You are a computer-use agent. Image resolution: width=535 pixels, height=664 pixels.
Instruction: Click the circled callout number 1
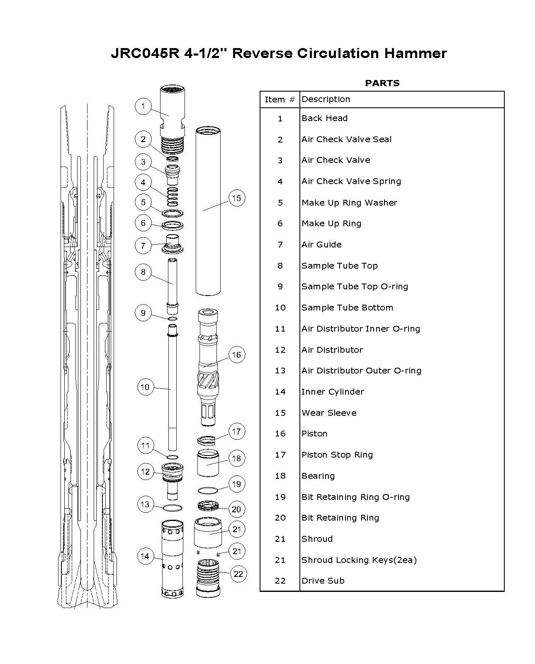143,107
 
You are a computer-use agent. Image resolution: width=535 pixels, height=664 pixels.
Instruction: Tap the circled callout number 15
236,198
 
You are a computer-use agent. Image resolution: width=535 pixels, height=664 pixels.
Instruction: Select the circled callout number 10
145,387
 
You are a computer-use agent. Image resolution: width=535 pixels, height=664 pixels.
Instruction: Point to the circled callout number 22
238,574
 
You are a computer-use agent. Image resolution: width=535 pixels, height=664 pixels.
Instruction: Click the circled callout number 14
145,556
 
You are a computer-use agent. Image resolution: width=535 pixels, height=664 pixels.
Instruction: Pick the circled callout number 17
236,431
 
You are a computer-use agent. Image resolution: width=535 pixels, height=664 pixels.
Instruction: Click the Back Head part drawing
173,114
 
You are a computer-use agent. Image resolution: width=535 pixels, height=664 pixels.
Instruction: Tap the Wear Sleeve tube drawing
208,211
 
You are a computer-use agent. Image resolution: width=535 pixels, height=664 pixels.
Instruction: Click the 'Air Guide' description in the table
321,245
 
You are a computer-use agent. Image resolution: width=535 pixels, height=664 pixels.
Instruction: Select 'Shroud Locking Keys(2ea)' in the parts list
359,560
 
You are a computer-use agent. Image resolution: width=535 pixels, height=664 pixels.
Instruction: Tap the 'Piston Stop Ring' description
337,455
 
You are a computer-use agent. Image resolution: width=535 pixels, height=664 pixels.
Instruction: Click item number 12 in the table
280,350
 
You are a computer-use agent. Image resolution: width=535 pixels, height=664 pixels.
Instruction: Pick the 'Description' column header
326,99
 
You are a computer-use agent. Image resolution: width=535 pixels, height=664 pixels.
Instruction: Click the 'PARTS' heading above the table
382,83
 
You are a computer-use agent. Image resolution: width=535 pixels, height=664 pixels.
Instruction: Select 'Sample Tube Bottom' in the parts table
347,308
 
